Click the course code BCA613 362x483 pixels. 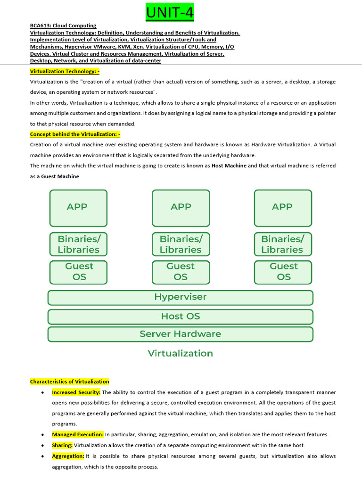click(x=40, y=25)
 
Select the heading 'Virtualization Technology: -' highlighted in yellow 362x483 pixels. click(x=65, y=71)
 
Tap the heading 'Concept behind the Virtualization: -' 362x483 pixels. click(x=75, y=134)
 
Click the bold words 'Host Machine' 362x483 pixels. click(x=229, y=166)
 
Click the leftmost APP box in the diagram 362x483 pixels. click(x=78, y=208)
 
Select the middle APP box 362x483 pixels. click(x=181, y=208)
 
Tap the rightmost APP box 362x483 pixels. click(x=283, y=208)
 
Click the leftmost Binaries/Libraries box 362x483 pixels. click(x=78, y=244)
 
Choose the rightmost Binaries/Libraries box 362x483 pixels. click(x=283, y=244)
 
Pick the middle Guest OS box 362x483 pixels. click(x=181, y=272)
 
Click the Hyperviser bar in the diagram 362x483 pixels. click(x=181, y=297)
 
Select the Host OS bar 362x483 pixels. click(x=181, y=316)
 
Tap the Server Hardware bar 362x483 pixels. click(x=181, y=334)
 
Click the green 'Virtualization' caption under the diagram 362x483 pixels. click(x=181, y=353)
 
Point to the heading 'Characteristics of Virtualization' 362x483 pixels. click(x=69, y=382)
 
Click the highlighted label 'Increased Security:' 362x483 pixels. click(x=76, y=392)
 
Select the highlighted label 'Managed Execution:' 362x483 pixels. click(x=78, y=434)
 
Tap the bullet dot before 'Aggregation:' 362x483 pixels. click(x=43, y=456)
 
